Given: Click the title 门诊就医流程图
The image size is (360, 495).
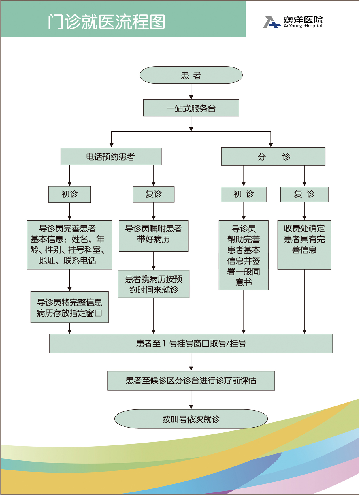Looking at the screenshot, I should pos(106,22).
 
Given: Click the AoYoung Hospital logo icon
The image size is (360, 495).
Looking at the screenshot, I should pos(271,22).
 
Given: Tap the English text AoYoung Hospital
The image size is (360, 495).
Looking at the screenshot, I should pos(303,26).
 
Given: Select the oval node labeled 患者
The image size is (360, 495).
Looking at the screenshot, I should pos(191,75).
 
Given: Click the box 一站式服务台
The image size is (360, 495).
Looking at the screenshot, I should pos(191,108).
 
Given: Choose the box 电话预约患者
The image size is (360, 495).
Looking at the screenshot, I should pos(111,157).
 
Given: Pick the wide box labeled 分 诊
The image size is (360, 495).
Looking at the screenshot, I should pos(273,157).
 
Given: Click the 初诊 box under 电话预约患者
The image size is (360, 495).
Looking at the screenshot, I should pos(69,194).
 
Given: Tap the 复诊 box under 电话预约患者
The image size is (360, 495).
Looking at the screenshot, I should pos(153,194).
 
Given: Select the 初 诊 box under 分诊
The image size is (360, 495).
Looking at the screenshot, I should pos(243,194).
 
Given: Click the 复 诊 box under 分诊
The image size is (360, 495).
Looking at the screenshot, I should pos(304,194).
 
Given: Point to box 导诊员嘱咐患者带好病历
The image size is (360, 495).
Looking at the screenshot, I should pos(153,236).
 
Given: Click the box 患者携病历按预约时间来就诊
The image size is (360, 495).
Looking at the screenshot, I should pos(153,284).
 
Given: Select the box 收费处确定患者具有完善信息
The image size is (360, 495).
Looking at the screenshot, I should pos(304,244).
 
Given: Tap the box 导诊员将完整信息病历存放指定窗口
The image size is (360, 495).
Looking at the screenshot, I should pos(69,307).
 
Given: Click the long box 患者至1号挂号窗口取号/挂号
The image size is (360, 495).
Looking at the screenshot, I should pos(191,343).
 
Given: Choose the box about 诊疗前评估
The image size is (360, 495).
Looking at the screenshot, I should pos(191,381).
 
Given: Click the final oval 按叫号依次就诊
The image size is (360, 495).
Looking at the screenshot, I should pos(191,419).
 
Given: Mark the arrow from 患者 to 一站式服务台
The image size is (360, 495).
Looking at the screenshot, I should pos(191,92).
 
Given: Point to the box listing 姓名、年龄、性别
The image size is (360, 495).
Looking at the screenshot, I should pos(69,244).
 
